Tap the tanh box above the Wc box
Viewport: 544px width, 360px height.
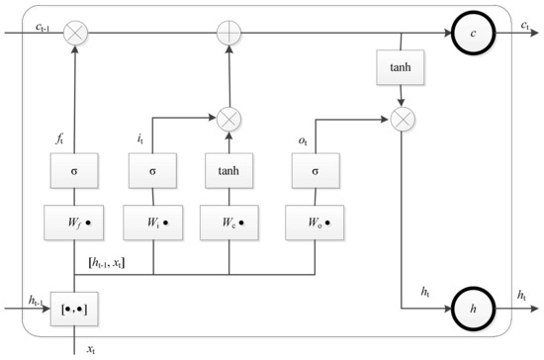coord(229,170)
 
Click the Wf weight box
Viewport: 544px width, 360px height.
coord(75,224)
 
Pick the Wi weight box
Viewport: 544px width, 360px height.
coord(152,224)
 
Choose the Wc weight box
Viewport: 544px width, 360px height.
coord(229,224)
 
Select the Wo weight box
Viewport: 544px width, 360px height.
coord(313,224)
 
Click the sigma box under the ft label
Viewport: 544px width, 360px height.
coord(75,170)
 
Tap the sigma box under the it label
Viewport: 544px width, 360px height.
coord(152,170)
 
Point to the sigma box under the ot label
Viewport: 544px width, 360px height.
coord(313,170)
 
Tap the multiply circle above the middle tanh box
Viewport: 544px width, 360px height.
coord(229,118)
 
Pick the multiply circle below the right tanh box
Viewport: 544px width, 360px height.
coord(402,118)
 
